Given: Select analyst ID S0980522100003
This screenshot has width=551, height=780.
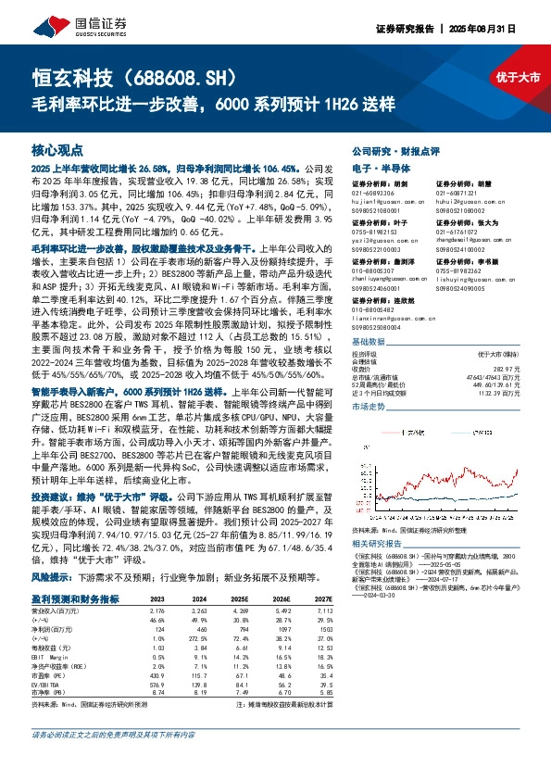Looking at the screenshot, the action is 380,250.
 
